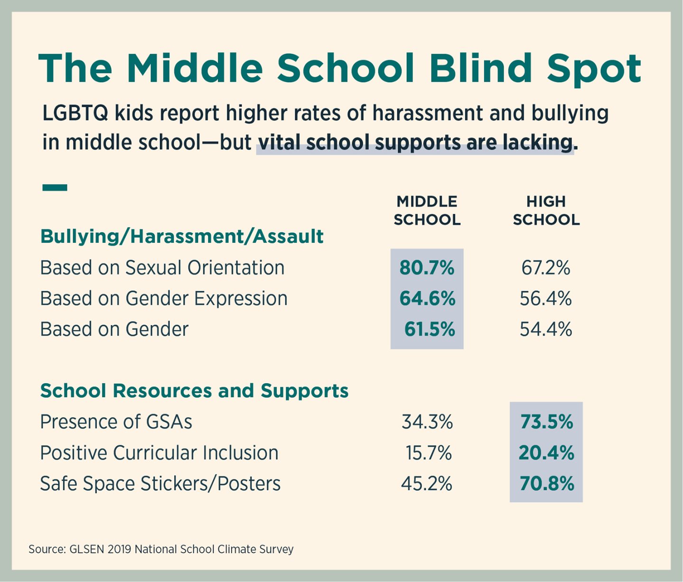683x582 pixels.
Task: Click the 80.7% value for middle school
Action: [x=427, y=268]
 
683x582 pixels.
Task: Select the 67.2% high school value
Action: [x=545, y=268]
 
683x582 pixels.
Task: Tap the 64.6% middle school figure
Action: [x=427, y=299]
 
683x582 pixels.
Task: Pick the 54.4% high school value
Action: [x=545, y=329]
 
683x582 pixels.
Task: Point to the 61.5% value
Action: [x=430, y=329]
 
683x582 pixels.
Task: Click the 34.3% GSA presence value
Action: [x=427, y=422]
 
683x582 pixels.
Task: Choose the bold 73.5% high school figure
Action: [x=546, y=422]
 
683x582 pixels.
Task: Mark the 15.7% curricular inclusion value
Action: [x=429, y=453]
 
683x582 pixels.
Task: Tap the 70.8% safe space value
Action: [x=546, y=484]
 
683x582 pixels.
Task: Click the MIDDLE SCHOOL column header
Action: [x=427, y=211]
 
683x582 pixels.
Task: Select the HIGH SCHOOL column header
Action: [x=546, y=211]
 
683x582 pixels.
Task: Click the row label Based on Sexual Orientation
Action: [x=162, y=268]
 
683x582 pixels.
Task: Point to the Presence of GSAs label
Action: [x=116, y=422]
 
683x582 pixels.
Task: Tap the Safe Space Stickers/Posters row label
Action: [x=160, y=484]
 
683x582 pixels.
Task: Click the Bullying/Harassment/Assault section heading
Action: [x=182, y=236]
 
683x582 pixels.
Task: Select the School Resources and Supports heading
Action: [x=194, y=391]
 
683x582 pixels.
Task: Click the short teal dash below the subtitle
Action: [x=55, y=188]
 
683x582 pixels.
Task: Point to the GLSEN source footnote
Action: [x=161, y=549]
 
